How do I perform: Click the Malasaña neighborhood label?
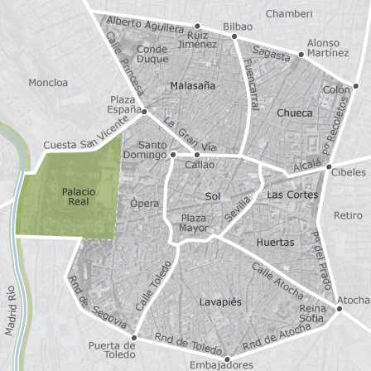point(192,85)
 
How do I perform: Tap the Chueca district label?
point(295,113)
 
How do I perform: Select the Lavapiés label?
point(220,302)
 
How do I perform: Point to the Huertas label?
point(276,243)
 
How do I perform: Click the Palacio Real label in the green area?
point(79,196)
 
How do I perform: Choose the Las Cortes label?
point(292,195)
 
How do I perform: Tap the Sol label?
point(213,196)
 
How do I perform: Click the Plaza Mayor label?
point(194,223)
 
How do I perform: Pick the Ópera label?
point(145,203)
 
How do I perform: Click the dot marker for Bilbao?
point(234,36)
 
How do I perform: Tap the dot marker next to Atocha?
point(339,309)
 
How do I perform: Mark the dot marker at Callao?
point(197,155)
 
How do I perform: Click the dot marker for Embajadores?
point(226,358)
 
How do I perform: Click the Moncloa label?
point(48,83)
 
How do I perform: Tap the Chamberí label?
point(289,14)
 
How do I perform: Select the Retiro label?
point(348,215)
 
